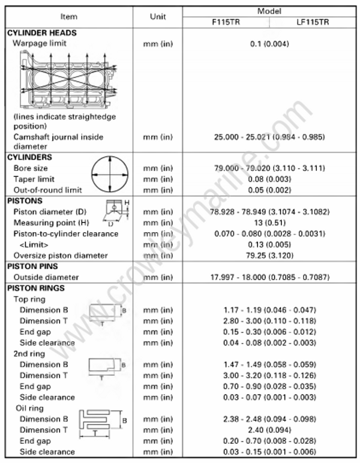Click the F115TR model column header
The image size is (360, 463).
coord(225,22)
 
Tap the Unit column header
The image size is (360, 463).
coord(157,17)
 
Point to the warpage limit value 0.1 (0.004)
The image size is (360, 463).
coord(269,44)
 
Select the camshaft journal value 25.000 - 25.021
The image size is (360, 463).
coord(269,137)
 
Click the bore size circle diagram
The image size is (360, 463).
coord(110,174)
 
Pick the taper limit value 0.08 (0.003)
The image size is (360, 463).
coord(269,179)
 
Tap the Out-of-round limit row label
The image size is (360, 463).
coord(47,190)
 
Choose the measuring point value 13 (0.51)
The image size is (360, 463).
coord(269,223)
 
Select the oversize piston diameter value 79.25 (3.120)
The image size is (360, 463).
coord(269,255)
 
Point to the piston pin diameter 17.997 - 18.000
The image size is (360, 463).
coord(269,277)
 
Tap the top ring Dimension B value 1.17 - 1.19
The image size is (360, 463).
coord(269,310)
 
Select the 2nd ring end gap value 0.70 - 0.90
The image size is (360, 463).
coord(269,386)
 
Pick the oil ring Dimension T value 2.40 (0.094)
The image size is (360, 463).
coord(269,430)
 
